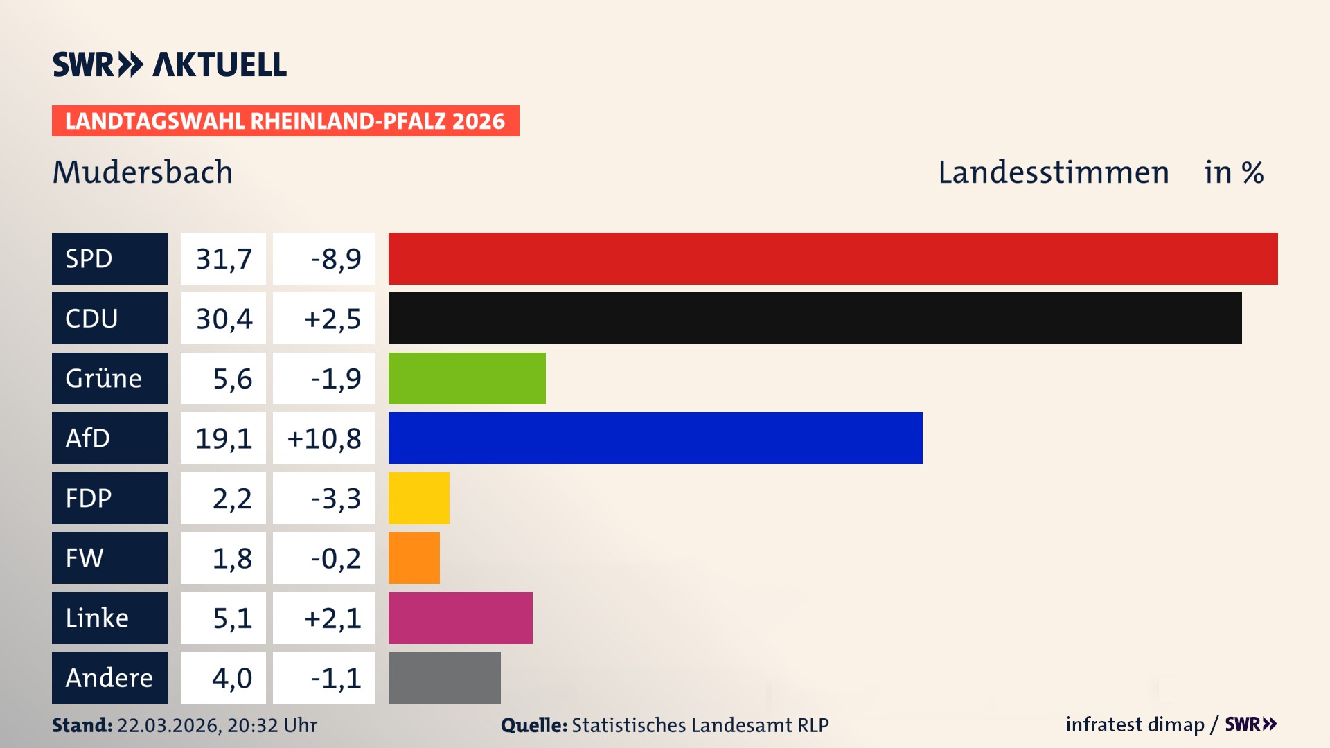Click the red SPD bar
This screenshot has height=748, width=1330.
pos(833,258)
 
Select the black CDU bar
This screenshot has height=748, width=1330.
pos(815,318)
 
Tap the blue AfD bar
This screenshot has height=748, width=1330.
pos(655,438)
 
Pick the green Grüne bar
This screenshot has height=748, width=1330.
pos(467,378)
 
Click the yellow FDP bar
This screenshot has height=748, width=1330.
pos(418,498)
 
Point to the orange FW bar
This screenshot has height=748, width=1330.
pos(414,558)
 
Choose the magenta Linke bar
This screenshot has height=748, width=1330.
pos(460,618)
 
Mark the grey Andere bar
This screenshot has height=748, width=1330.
pos(444,677)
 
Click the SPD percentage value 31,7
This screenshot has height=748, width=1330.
pos(223,259)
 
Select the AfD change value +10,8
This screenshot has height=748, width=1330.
pos(323,438)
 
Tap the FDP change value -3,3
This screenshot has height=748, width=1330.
pos(335,499)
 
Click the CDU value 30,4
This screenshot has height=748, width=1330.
pos(223,319)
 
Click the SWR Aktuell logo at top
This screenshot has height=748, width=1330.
pos(169,64)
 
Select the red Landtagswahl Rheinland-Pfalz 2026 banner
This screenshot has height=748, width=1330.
pos(285,121)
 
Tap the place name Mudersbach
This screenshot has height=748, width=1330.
pos(142,172)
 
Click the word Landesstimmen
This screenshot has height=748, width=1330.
pos(1053,172)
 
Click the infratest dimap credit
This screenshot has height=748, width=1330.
pos(1135,724)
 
